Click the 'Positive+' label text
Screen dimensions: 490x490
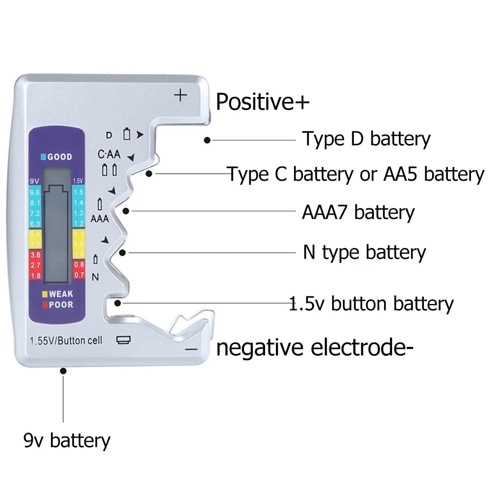tap(263, 102)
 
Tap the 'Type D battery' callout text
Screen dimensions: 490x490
tap(366, 139)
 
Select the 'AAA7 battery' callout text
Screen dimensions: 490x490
tap(358, 213)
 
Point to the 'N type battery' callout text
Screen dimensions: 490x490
tap(365, 253)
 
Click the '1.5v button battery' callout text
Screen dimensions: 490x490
tap(371, 304)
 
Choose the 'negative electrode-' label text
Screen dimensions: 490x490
tap(312, 348)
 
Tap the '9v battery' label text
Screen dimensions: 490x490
tap(67, 441)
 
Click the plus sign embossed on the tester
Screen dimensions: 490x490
tap(181, 95)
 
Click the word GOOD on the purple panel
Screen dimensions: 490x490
tap(60, 157)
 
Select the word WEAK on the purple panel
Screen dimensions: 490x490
tap(61, 294)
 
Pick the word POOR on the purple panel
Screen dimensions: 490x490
tap(61, 305)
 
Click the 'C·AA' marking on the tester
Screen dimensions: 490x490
tap(109, 154)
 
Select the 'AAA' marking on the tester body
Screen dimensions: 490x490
tap(99, 219)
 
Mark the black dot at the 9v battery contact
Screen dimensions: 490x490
tap(63, 371)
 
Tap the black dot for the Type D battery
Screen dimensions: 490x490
tap(207, 140)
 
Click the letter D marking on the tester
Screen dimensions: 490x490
tap(109, 135)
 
